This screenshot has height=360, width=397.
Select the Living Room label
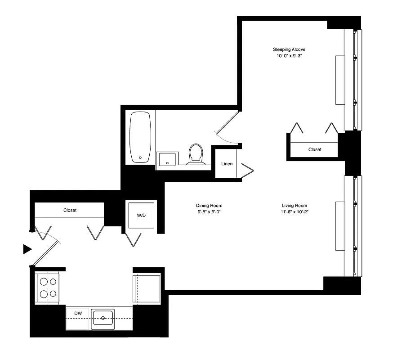(294, 205)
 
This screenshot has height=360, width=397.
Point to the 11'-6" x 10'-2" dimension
(294, 211)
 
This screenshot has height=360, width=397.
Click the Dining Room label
(210, 205)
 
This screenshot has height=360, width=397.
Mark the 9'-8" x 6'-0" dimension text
(210, 211)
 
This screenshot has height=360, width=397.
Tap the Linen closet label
(227, 163)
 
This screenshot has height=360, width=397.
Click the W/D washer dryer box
(141, 216)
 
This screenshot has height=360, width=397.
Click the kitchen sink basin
(103, 319)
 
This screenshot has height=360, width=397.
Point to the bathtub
(140, 137)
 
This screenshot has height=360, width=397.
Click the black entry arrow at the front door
(27, 248)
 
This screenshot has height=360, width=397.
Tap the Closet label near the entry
(70, 210)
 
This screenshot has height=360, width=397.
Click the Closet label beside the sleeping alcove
(315, 149)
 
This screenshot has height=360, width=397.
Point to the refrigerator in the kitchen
(147, 288)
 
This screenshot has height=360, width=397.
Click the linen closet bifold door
(247, 170)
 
